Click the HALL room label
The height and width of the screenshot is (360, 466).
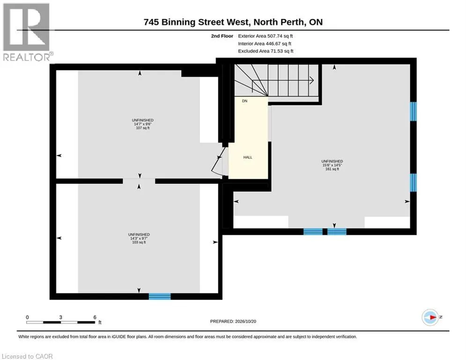pos(248,157)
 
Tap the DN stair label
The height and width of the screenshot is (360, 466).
pos(244,101)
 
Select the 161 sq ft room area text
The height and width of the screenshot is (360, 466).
pos(332,169)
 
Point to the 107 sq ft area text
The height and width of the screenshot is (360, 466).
pos(143,128)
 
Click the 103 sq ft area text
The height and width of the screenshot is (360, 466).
pos(139,242)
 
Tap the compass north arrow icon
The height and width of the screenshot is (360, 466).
pos(430,317)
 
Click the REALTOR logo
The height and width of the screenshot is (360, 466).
pos(27,32)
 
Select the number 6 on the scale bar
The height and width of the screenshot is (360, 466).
pos(95,317)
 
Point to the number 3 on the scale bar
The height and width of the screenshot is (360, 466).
pos(60,317)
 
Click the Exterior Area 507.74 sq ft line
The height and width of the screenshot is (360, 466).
pos(266,36)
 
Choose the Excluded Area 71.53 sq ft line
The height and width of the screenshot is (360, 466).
pos(266,51)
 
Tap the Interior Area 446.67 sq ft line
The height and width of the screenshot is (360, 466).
pos(265,44)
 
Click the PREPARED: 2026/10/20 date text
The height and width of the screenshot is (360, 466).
pos(233,321)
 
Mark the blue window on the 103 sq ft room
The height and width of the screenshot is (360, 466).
pos(160,296)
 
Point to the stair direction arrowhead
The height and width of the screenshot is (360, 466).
pos(312,80)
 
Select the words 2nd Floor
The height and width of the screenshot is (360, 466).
pos(222,36)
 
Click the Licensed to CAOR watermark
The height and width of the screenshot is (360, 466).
pos(27,356)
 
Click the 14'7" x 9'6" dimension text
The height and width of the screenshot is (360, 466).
pos(143,124)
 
